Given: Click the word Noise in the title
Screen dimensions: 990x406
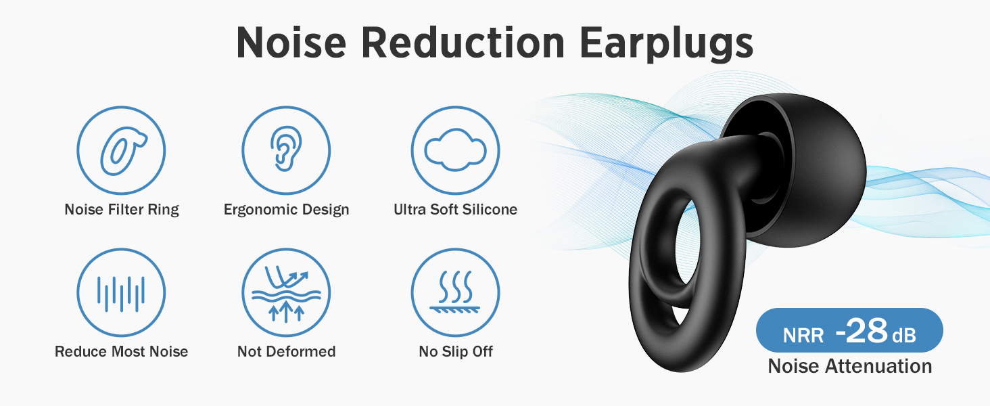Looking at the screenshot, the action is tap(291, 43).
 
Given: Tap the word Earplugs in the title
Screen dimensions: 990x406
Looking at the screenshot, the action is tap(667, 43).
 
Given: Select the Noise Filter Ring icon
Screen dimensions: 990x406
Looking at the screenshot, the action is tap(121, 150).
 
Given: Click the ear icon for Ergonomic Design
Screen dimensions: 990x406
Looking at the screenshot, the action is tap(286, 150).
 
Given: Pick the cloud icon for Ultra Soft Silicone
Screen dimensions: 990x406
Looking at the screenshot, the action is tap(455, 150).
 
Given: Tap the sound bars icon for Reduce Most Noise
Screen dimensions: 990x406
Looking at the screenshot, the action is tap(121, 292).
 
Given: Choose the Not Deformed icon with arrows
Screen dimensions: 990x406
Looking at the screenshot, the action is tap(286, 292).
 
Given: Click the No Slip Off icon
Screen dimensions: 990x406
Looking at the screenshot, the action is tap(455, 292).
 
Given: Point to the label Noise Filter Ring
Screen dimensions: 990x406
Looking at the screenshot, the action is tap(122, 209).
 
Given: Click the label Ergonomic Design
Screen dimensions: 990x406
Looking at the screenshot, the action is tap(287, 209).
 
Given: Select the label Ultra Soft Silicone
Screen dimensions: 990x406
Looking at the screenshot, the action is tap(455, 209).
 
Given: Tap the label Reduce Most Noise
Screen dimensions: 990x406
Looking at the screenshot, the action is tap(122, 352).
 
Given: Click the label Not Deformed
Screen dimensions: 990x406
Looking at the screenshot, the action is tap(287, 352).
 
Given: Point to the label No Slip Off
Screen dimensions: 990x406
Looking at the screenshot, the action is tap(456, 352).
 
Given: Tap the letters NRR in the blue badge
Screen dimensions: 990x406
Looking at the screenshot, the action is tap(803, 336).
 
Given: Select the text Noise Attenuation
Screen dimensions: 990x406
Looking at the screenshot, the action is tap(850, 366).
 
